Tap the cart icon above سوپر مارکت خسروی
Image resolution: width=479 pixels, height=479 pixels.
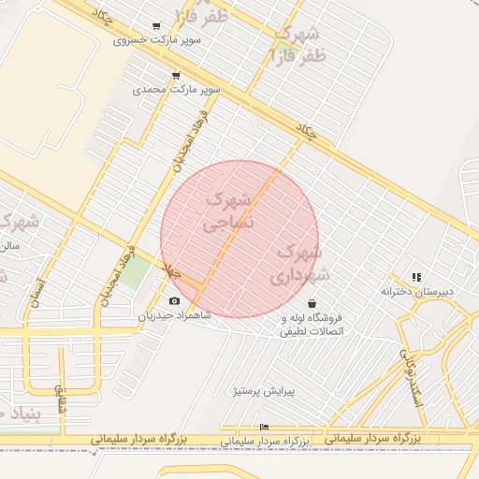point(155,26)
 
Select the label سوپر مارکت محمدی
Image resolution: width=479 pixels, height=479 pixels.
point(176,90)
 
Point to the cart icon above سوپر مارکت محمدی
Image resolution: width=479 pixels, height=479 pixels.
point(176,76)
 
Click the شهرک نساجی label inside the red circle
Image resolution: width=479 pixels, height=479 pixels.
point(228,211)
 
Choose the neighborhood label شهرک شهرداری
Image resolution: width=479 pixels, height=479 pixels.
point(299,264)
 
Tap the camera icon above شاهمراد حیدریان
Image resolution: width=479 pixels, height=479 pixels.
point(175,300)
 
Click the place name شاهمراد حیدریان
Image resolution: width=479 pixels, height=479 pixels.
point(175,315)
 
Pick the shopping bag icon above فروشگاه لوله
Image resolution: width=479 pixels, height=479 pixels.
point(311,303)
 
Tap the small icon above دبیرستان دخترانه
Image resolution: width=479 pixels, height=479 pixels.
point(416,277)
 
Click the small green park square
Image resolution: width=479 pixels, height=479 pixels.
point(136,272)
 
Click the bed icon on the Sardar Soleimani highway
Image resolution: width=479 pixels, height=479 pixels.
point(264,428)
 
